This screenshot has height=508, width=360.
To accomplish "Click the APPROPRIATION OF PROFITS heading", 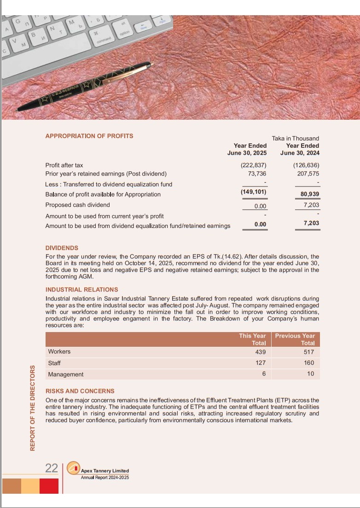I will click(89, 136).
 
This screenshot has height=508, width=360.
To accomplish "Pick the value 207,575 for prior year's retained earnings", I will click(306, 174).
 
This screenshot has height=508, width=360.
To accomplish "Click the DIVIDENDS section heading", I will click(62, 248).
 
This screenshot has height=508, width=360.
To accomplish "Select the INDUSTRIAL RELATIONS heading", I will click(81, 290).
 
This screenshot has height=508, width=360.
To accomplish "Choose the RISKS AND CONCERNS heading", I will click(80, 391).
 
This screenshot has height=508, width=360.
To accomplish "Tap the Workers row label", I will click(59, 351).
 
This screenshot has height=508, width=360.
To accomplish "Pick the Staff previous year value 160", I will click(309, 363).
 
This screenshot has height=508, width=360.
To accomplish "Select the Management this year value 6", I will click(264, 374).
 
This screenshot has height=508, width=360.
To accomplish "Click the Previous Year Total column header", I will click(295, 339).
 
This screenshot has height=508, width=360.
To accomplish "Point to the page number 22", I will click(51, 468).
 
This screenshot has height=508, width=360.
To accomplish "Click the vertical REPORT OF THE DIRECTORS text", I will click(33, 408).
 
